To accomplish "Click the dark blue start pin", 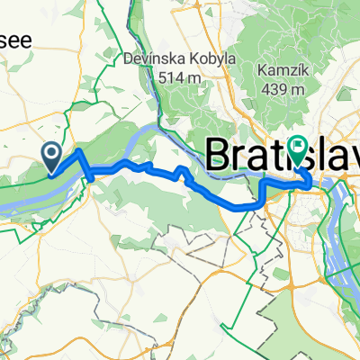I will click(53, 157).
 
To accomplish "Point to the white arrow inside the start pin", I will click(53, 155).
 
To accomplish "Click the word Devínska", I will click(149, 60).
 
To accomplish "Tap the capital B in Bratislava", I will click(219, 154).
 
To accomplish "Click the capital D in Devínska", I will click(124, 60).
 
